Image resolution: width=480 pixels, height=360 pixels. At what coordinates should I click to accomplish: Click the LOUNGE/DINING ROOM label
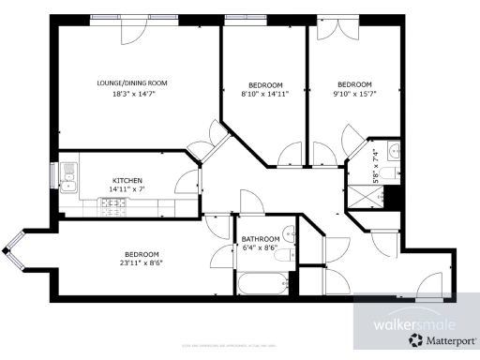click(132, 82)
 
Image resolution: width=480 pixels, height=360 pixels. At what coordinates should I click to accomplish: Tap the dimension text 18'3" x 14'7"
click(132, 94)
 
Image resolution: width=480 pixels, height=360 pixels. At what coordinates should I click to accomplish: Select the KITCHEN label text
click(127, 180)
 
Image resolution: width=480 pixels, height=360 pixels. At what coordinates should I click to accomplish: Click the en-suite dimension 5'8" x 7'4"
click(375, 165)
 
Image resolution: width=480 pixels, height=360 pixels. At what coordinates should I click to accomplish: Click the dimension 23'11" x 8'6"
click(142, 265)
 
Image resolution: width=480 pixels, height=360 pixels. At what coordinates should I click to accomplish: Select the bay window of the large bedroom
click(15, 249)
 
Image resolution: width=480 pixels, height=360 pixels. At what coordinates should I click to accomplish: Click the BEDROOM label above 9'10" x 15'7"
click(354, 82)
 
